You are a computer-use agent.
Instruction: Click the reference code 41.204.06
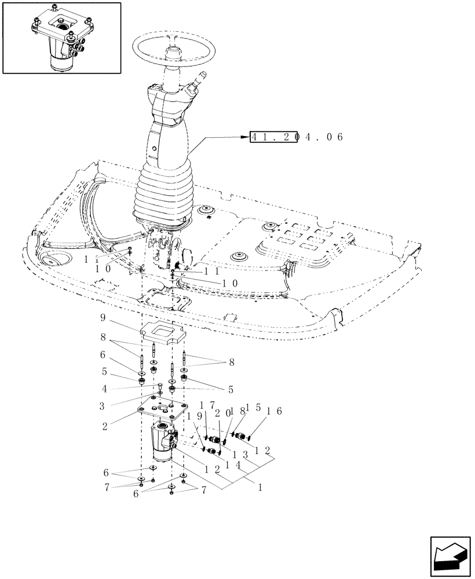(x=297, y=137)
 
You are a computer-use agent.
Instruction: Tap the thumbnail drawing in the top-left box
(x=62, y=38)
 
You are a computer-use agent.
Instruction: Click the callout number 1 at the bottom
(x=261, y=488)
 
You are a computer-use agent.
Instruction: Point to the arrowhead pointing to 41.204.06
(x=244, y=137)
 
